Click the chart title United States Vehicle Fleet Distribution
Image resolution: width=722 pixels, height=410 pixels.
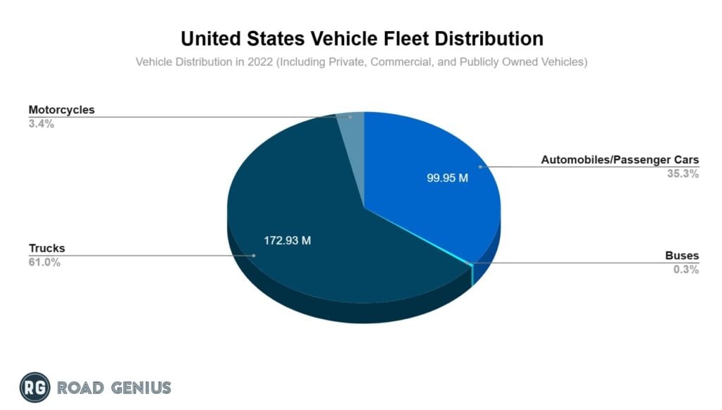pyautogui.click(x=362, y=38)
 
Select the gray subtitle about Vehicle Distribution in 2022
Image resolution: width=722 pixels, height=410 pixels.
pyautogui.click(x=361, y=62)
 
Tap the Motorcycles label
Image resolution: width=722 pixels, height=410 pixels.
pyautogui.click(x=61, y=110)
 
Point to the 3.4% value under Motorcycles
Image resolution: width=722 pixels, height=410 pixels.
pyautogui.click(x=41, y=124)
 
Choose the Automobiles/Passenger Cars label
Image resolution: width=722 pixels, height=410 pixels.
pyautogui.click(x=620, y=160)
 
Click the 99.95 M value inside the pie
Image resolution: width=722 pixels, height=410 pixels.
pyautogui.click(x=447, y=178)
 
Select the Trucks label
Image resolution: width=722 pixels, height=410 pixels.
pyautogui.click(x=47, y=249)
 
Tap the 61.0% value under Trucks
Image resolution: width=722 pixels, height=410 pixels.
pyautogui.click(x=44, y=263)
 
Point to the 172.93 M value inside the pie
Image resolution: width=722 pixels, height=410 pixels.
pyautogui.click(x=288, y=240)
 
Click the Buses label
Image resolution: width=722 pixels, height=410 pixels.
pyautogui.click(x=682, y=256)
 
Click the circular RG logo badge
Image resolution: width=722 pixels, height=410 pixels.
pyautogui.click(x=35, y=387)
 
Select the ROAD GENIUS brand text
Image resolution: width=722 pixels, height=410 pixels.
pyautogui.click(x=114, y=387)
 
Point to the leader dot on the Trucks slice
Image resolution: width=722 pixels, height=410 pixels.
pyautogui.click(x=254, y=256)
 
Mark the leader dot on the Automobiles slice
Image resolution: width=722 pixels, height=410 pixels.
pyautogui.click(x=481, y=167)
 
